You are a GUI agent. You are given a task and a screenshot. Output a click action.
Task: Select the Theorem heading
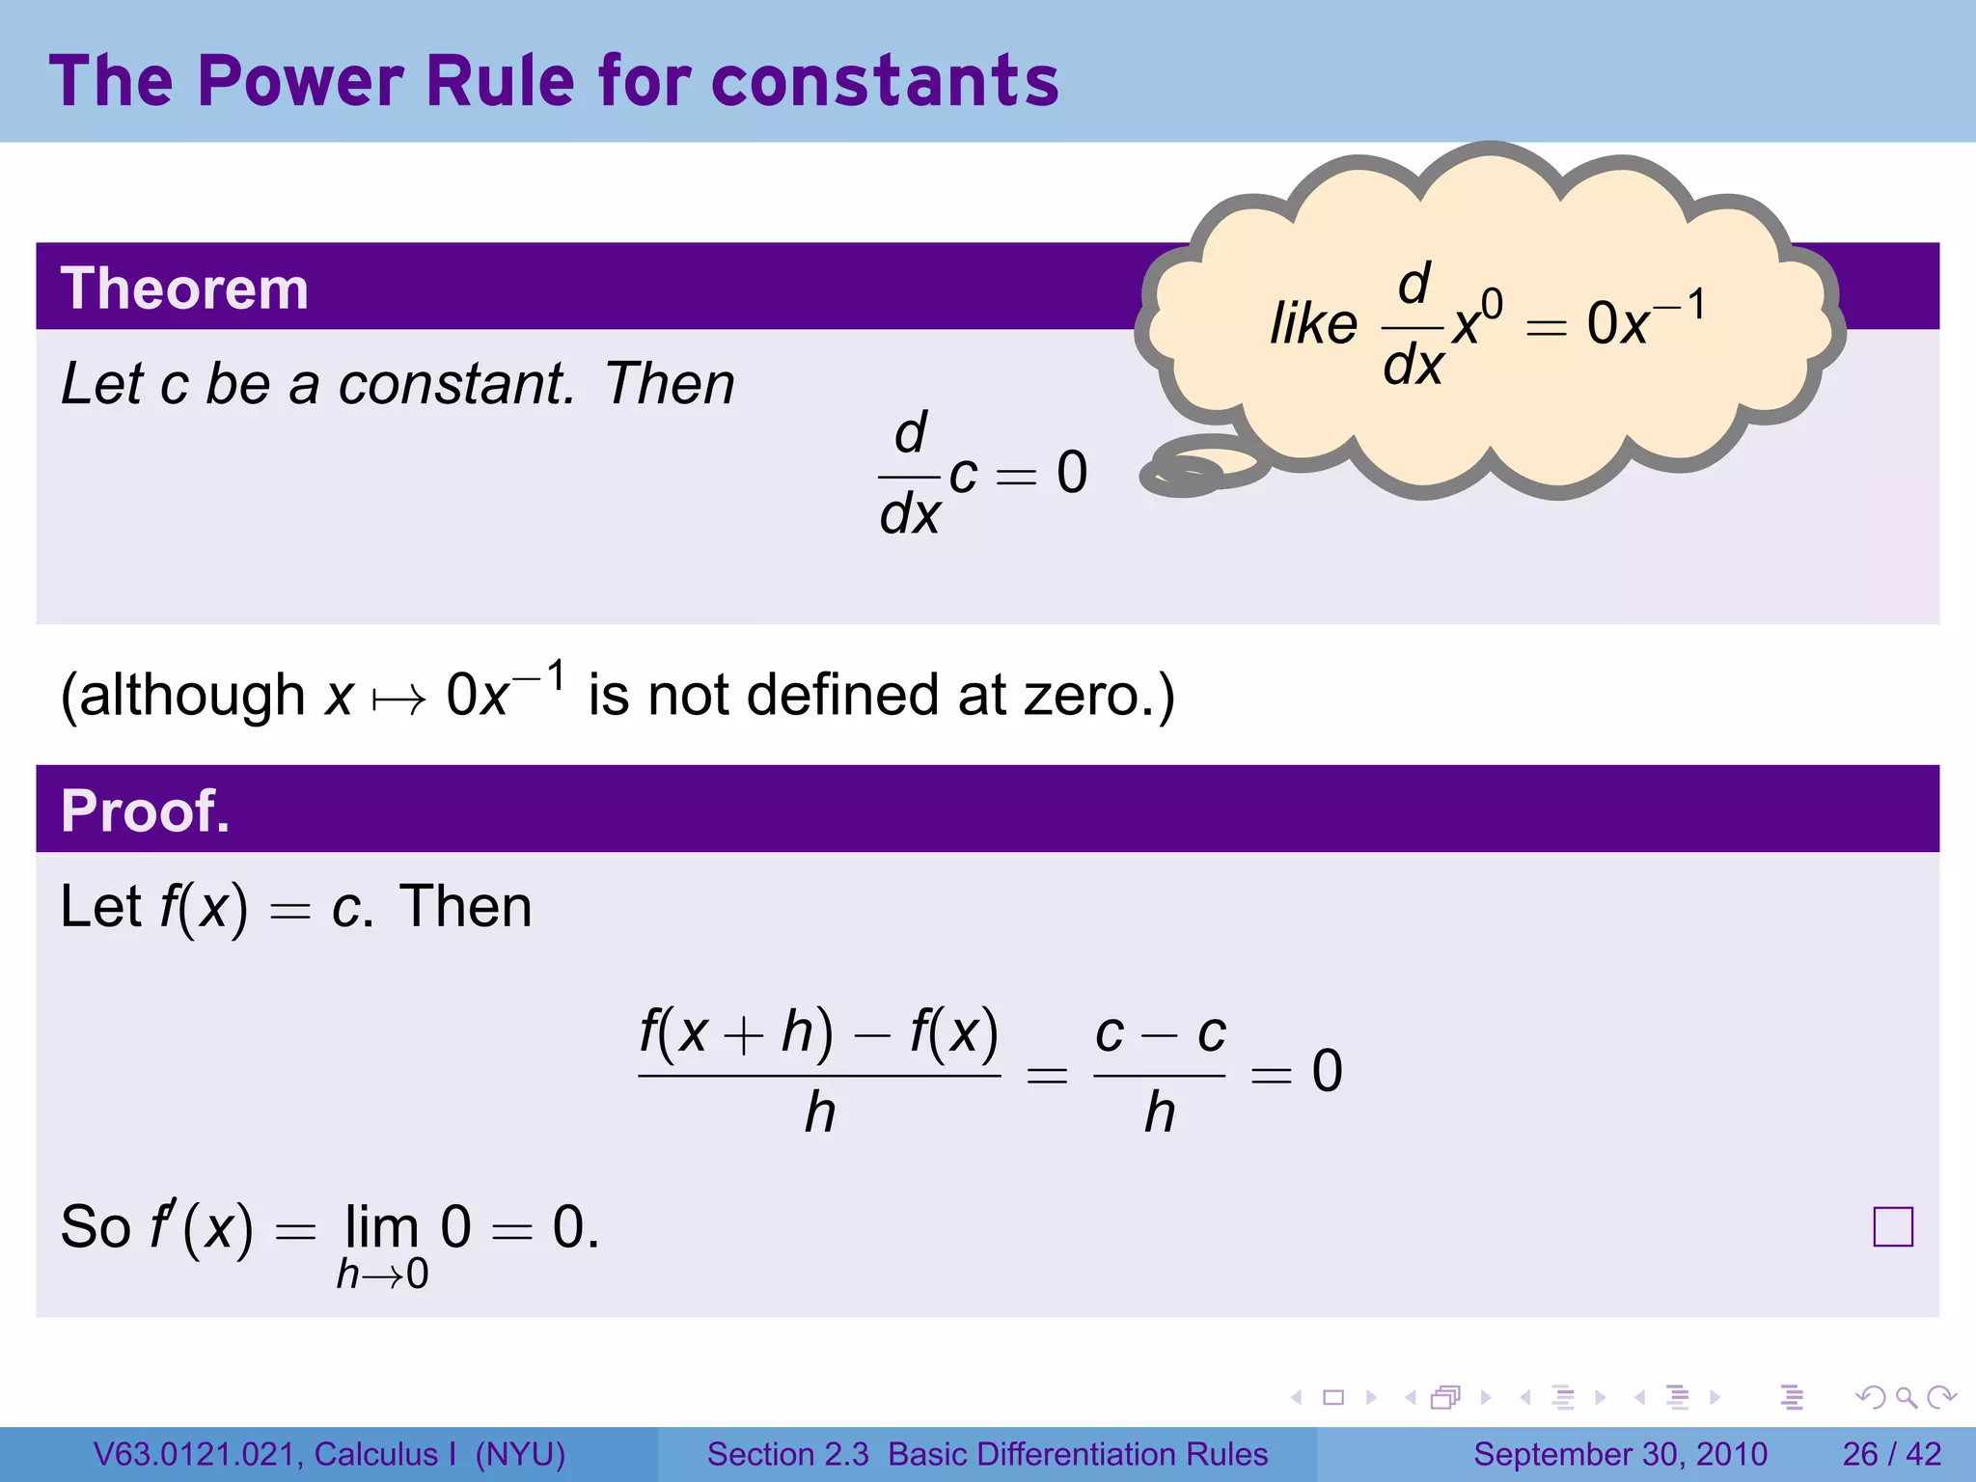point(184,288)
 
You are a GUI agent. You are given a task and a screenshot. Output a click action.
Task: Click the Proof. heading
point(145,810)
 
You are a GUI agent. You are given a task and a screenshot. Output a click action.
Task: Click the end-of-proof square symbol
point(1892,1227)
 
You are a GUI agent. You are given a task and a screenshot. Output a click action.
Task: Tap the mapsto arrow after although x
point(398,699)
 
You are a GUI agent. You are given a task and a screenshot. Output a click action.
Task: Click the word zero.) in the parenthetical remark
point(1099,695)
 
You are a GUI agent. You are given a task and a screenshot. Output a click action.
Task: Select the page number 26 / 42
point(1891,1454)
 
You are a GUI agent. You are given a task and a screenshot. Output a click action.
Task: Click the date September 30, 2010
point(1620,1454)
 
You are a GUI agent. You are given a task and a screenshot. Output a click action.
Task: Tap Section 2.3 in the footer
point(787,1454)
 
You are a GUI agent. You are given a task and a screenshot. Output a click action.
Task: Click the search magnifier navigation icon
point(1906,1397)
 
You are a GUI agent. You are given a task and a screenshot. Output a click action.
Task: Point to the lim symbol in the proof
point(382,1227)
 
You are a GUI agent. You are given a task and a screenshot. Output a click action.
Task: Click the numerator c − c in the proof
point(1160,1034)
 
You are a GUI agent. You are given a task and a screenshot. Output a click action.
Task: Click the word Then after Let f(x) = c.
point(466,907)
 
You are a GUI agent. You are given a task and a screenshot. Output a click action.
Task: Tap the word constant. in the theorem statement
point(456,384)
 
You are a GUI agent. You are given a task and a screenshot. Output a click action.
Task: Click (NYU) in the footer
point(520,1454)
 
